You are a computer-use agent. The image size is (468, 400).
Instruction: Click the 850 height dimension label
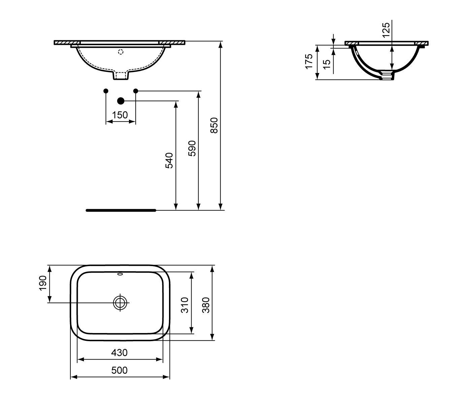coord(214,125)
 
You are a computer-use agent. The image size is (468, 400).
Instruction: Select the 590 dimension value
coord(192,148)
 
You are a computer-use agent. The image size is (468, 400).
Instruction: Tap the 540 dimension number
coord(169,160)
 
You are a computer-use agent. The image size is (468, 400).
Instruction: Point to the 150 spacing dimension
coord(120,115)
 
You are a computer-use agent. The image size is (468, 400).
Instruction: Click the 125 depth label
coord(386,30)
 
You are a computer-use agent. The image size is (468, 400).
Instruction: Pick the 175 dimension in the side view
coord(309,61)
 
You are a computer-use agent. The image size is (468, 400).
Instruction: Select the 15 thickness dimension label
coord(326,65)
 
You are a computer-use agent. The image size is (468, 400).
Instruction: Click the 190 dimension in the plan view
coord(43,283)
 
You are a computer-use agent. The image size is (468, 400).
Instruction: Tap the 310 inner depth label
coord(185,305)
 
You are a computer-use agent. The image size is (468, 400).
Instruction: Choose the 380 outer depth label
coord(206,305)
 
